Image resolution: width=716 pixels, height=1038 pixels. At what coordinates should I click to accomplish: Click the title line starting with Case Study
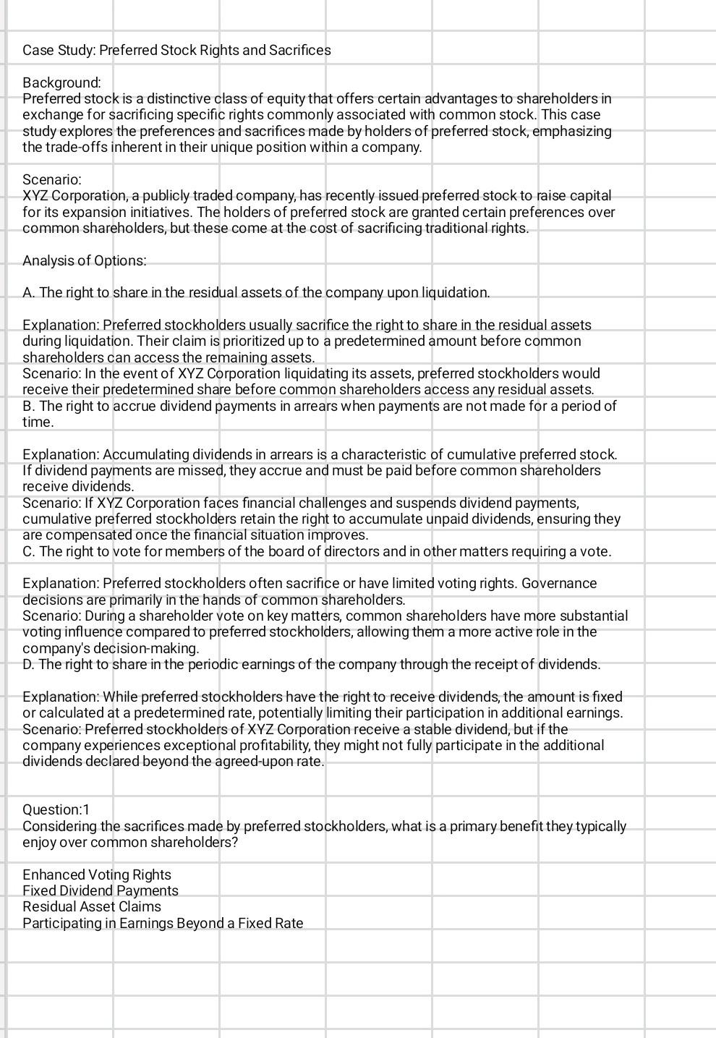pos(176,50)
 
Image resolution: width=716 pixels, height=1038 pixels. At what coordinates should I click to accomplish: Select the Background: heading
pos(61,82)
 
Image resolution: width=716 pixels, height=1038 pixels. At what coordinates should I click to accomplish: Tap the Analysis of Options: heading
pos(84,260)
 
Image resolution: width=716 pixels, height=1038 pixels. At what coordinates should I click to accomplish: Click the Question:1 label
pos(56,809)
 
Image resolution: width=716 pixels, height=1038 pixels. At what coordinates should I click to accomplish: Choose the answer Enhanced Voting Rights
pos(96,875)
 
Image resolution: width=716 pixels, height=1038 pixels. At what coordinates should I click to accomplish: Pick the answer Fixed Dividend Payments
pos(100,890)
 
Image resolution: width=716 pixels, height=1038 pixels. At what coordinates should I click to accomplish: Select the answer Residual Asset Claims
pos(91,906)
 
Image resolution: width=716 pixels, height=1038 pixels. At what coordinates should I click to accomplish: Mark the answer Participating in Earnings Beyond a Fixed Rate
pos(163,923)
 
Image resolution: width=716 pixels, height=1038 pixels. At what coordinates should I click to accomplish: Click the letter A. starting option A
pos(29,292)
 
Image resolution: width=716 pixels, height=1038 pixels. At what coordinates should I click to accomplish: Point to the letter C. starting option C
pos(29,551)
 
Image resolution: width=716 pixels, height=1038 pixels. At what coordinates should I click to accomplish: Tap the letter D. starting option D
pos(29,664)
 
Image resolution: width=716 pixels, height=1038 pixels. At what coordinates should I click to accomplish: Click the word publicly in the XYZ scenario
pos(156,196)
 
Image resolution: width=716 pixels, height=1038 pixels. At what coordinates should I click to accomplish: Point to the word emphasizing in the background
pos(571,131)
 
